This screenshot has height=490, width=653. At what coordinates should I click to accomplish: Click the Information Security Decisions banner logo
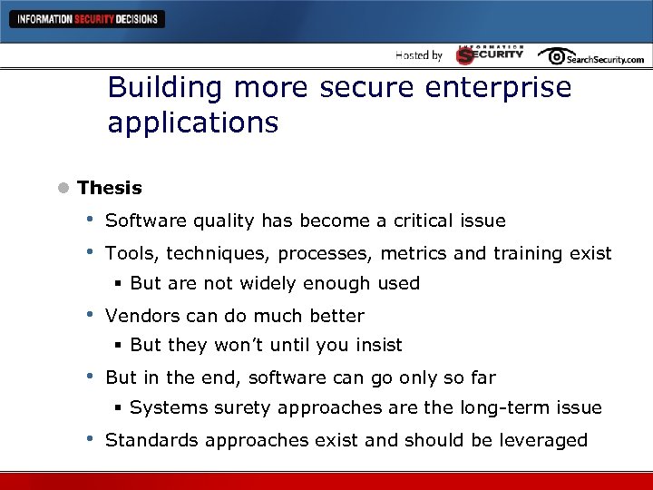(x=87, y=19)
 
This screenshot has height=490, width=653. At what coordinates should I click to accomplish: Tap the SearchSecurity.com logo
(x=590, y=56)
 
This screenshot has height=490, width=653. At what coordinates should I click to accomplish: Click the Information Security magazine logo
(x=490, y=54)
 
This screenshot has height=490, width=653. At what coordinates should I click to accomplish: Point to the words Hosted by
(x=419, y=55)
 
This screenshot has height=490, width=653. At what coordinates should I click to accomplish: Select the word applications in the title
(x=192, y=122)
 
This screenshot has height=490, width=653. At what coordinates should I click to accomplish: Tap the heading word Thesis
(x=110, y=188)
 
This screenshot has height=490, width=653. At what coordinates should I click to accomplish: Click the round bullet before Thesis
(x=62, y=189)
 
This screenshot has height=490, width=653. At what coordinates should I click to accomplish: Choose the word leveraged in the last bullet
(x=546, y=440)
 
